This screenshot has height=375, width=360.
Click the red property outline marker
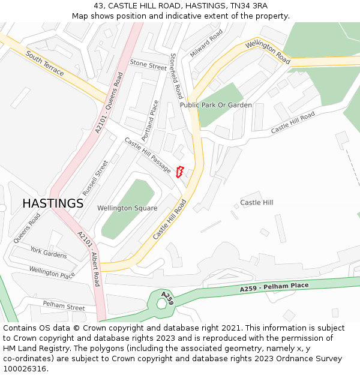click(179, 171)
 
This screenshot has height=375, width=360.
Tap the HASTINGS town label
click(53, 203)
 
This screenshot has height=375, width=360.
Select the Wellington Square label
click(127, 208)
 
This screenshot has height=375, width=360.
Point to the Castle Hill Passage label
click(148, 155)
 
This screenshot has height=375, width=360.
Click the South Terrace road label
click(45, 63)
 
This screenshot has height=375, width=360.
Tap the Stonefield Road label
click(176, 76)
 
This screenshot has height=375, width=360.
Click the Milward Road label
click(206, 43)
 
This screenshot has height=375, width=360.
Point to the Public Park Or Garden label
click(216, 105)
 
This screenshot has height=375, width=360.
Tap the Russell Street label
click(95, 178)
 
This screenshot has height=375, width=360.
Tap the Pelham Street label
click(64, 306)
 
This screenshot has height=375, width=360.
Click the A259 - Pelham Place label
click(274, 287)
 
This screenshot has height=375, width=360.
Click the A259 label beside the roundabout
click(167, 298)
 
